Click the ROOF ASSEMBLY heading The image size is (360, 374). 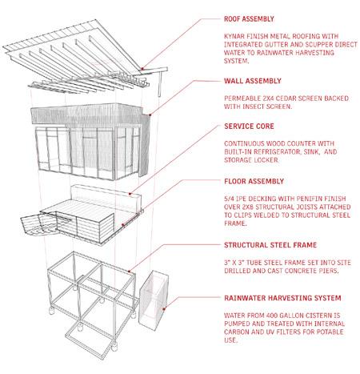[249, 19]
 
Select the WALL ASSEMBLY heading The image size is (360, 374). [253, 81]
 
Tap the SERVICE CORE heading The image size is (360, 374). [249, 127]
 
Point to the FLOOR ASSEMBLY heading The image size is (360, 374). [254, 181]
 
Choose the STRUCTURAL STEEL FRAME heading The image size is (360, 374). [270, 245]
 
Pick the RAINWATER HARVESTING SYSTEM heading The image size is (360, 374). [282, 298]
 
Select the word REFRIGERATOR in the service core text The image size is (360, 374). [278, 151]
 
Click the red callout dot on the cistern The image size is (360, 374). [164, 309]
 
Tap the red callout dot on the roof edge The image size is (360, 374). [142, 69]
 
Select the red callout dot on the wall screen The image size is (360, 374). [150, 115]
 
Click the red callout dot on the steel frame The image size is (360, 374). [129, 271]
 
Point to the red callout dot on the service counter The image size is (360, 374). [130, 194]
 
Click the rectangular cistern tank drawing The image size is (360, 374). [154, 300]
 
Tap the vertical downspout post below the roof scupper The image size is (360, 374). [159, 83]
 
